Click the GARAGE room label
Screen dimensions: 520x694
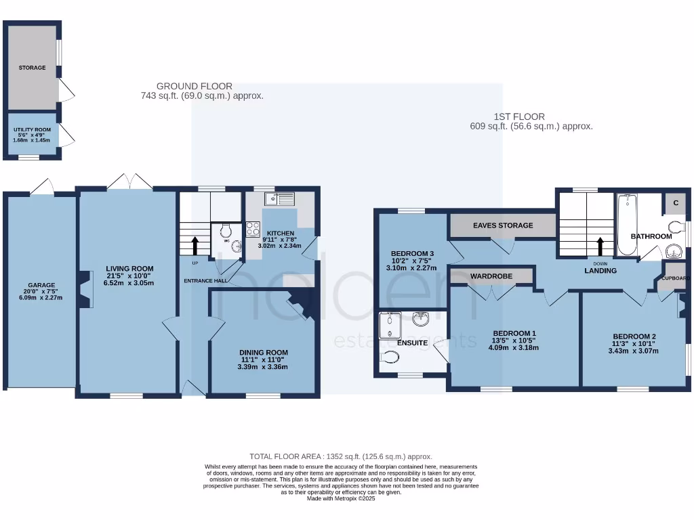(41, 285)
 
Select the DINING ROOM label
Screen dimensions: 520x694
(263, 352)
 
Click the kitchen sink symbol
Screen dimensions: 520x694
(279, 198)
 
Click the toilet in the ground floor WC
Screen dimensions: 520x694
(226, 232)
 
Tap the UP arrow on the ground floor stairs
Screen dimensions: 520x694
(196, 244)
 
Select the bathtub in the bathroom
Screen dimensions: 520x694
(626, 225)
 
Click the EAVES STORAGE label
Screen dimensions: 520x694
(502, 225)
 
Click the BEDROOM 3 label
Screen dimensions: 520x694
(412, 254)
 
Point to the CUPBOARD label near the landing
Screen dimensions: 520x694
(676, 278)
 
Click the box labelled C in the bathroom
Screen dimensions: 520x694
(675, 202)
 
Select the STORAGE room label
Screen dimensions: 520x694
(32, 68)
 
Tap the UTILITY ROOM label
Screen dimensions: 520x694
(32, 128)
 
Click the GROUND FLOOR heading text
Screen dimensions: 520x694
(195, 86)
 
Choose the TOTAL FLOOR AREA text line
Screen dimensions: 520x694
(341, 456)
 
